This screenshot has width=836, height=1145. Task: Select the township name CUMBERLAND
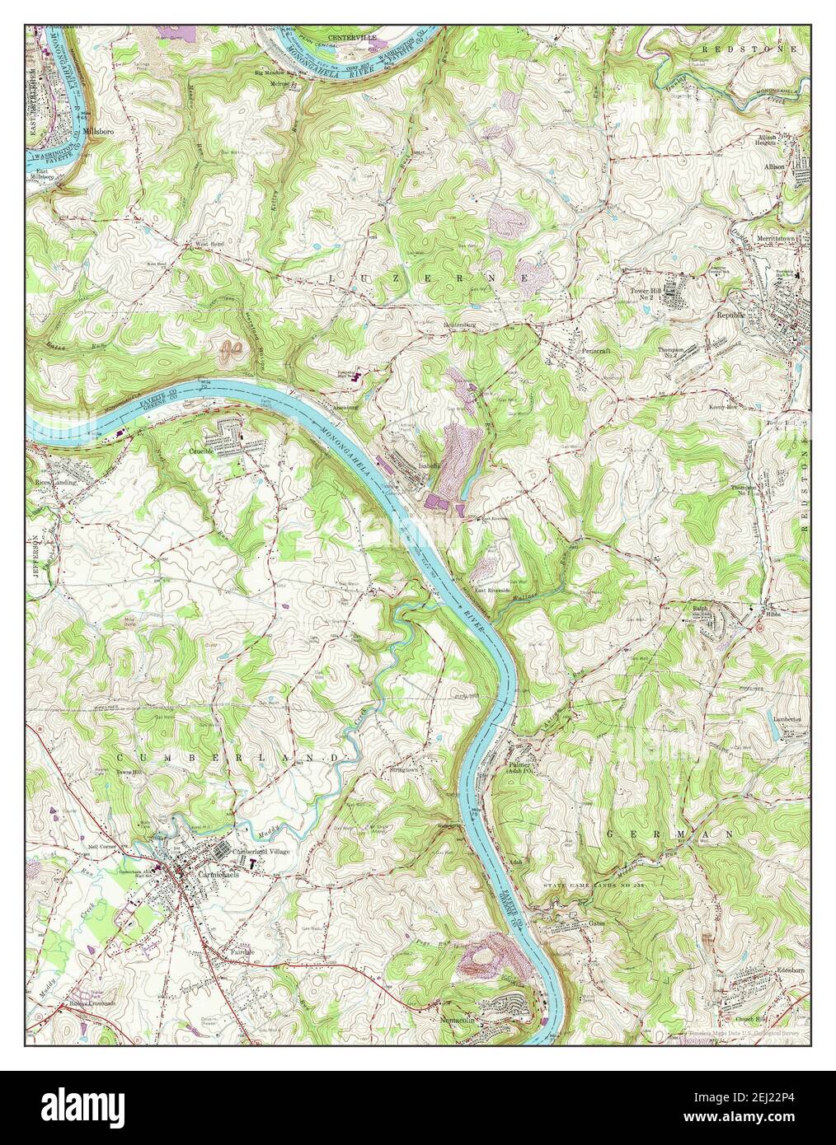pos(228,756)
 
